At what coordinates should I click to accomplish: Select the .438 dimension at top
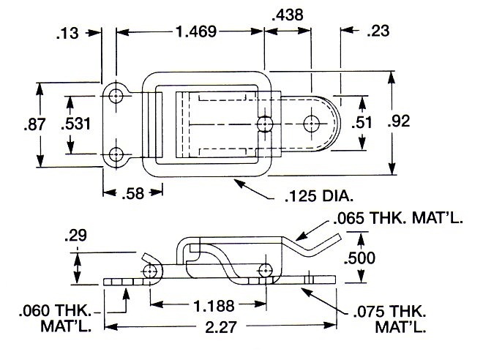pos(288,14)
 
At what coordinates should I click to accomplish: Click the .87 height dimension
pos(21,124)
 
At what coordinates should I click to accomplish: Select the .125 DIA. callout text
pos(318,196)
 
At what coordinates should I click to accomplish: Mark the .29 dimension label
pos(75,236)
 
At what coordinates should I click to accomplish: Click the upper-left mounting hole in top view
pos(116,94)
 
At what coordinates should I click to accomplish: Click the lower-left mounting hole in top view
pos(116,154)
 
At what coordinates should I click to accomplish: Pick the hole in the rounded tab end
pos(312,122)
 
